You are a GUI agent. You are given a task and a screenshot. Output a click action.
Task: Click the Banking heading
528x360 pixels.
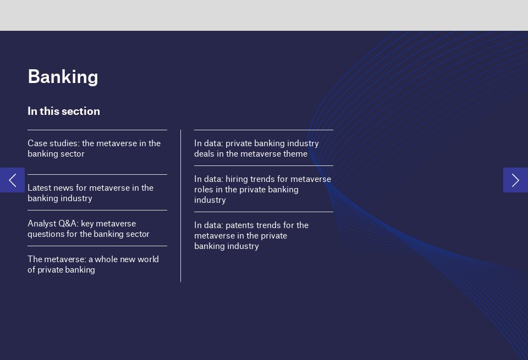(x=63, y=76)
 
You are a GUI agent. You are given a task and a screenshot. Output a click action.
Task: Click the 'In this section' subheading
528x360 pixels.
(x=64, y=111)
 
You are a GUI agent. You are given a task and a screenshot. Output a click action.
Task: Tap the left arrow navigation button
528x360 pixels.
(x=12, y=180)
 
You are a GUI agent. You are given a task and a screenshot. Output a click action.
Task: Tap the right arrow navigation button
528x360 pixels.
(x=515, y=180)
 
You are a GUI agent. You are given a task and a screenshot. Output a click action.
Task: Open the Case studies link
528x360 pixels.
(x=94, y=148)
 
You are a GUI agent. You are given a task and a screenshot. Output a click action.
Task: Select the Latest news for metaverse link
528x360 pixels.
(x=90, y=193)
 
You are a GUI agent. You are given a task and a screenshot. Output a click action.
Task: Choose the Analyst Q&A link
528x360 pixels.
(x=89, y=229)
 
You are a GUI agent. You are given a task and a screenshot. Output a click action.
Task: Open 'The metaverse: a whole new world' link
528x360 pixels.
(x=93, y=264)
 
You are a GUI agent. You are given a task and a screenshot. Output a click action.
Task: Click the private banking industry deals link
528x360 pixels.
(x=256, y=148)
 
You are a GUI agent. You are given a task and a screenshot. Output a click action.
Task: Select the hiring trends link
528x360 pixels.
(x=262, y=189)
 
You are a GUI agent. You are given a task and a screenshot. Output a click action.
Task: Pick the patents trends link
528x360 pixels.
(x=251, y=235)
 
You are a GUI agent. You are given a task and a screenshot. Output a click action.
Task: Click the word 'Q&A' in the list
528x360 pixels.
(x=68, y=224)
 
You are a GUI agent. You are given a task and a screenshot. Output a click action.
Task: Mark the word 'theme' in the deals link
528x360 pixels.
(x=295, y=154)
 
